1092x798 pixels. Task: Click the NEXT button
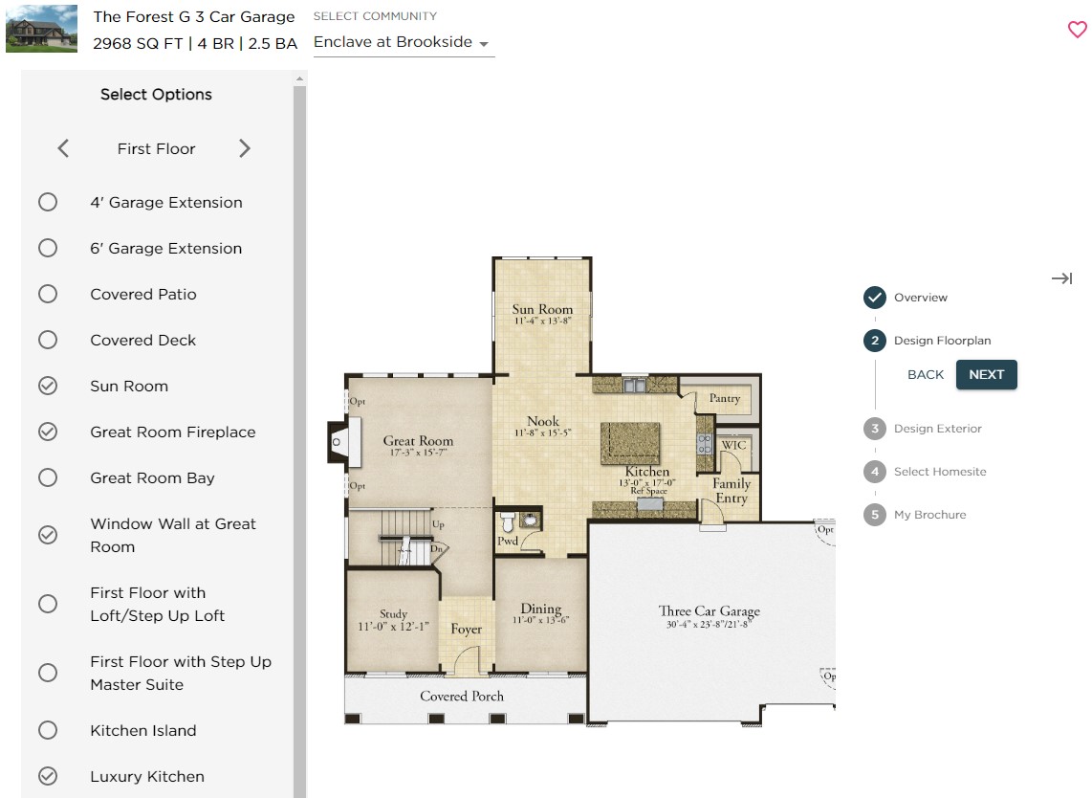tap(986, 375)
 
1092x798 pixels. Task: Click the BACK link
tap(925, 375)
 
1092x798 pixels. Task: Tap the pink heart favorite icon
tap(1077, 30)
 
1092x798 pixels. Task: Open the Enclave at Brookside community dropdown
tap(403, 43)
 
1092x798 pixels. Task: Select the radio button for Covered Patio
tap(48, 294)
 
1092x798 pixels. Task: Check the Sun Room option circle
tap(48, 386)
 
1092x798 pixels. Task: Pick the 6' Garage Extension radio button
tap(48, 248)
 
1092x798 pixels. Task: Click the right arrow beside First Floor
tap(245, 148)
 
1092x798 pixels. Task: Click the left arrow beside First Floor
tap(63, 148)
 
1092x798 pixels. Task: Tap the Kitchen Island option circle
tap(48, 730)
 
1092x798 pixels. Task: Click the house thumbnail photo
tap(41, 29)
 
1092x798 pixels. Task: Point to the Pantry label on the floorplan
tap(724, 398)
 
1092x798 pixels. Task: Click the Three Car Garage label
tap(709, 611)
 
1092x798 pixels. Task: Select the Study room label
tap(393, 614)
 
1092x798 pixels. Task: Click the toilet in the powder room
tap(507, 522)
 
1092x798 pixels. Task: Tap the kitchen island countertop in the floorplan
tap(630, 443)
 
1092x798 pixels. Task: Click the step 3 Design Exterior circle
tap(874, 429)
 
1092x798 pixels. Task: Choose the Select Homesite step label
tap(939, 472)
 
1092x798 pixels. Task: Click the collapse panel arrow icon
tap(1061, 278)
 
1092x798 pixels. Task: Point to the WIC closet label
tap(733, 446)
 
